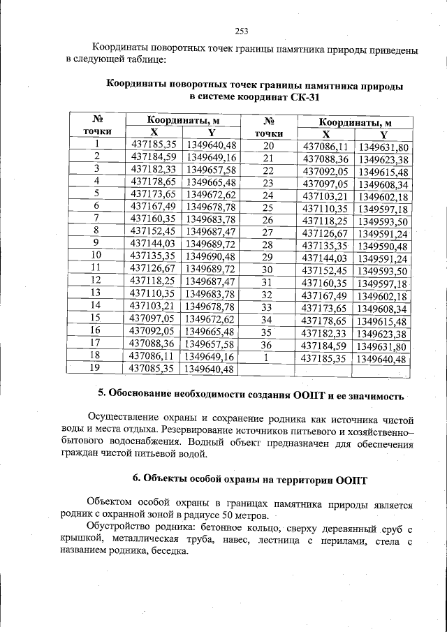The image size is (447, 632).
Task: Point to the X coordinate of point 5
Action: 154,193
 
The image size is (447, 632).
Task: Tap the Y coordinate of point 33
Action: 381,308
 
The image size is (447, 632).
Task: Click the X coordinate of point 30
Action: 323,271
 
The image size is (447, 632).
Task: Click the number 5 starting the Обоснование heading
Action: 101,397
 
